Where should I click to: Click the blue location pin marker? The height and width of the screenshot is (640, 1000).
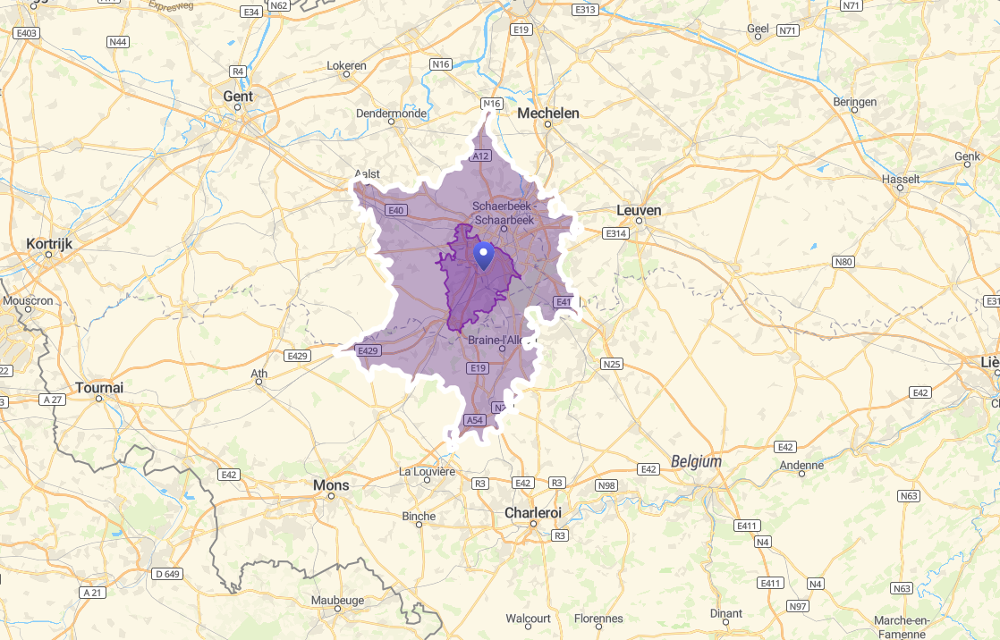click(x=484, y=255)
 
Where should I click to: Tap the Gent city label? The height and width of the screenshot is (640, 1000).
click(x=238, y=97)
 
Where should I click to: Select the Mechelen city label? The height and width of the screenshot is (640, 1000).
click(x=548, y=114)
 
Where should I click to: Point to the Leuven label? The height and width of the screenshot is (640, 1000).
click(x=639, y=210)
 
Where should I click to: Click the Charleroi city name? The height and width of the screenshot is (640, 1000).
click(x=533, y=513)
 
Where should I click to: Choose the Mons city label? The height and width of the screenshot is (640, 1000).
click(x=331, y=485)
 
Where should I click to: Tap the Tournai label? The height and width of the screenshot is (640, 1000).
click(x=99, y=388)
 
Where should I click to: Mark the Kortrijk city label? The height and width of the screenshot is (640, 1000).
click(x=48, y=243)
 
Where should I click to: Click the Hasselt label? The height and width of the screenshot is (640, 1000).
click(x=901, y=179)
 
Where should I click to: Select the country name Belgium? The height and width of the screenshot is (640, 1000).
click(x=695, y=462)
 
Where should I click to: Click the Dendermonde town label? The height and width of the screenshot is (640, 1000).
click(x=391, y=114)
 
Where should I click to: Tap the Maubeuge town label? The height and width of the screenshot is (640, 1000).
click(x=337, y=600)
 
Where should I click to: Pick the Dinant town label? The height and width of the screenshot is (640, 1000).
click(x=725, y=613)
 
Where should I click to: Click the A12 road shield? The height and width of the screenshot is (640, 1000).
click(x=481, y=156)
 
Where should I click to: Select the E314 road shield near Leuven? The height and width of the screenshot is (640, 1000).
click(x=615, y=233)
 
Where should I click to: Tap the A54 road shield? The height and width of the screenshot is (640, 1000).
click(x=474, y=420)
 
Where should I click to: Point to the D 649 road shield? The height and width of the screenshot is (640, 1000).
click(x=167, y=573)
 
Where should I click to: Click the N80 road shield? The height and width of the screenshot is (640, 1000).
click(x=843, y=262)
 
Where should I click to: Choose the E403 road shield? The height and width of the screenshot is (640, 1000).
click(x=27, y=33)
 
